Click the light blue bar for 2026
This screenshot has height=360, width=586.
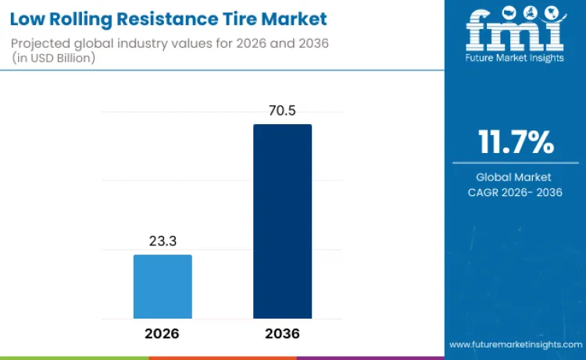pyautogui.click(x=163, y=287)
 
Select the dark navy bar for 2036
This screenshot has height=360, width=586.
pyautogui.click(x=282, y=221)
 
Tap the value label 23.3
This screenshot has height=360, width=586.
pyautogui.click(x=163, y=241)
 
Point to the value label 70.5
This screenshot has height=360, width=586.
pyautogui.click(x=282, y=111)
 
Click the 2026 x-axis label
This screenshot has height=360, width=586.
pyautogui.click(x=163, y=333)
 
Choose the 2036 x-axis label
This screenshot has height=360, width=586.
pyautogui.click(x=282, y=333)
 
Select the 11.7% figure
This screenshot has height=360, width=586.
pyautogui.click(x=515, y=143)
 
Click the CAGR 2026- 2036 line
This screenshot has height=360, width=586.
pyautogui.click(x=515, y=192)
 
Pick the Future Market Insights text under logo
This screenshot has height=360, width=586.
pyautogui.click(x=515, y=59)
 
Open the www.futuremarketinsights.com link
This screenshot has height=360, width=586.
pyautogui.click(x=515, y=344)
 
